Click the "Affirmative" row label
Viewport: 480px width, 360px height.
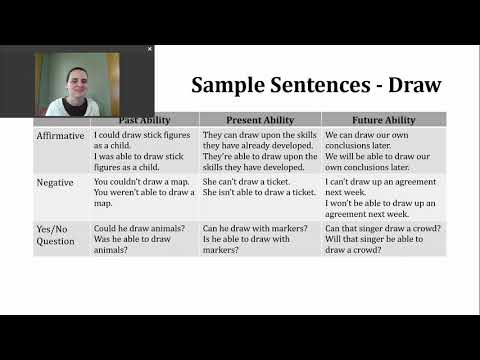click(x=60, y=135)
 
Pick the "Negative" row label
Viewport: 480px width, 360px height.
click(x=55, y=183)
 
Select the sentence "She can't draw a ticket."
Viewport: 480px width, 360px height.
click(x=243, y=182)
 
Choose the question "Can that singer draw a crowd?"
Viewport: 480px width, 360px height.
click(x=384, y=229)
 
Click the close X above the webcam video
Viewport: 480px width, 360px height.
click(x=150, y=48)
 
